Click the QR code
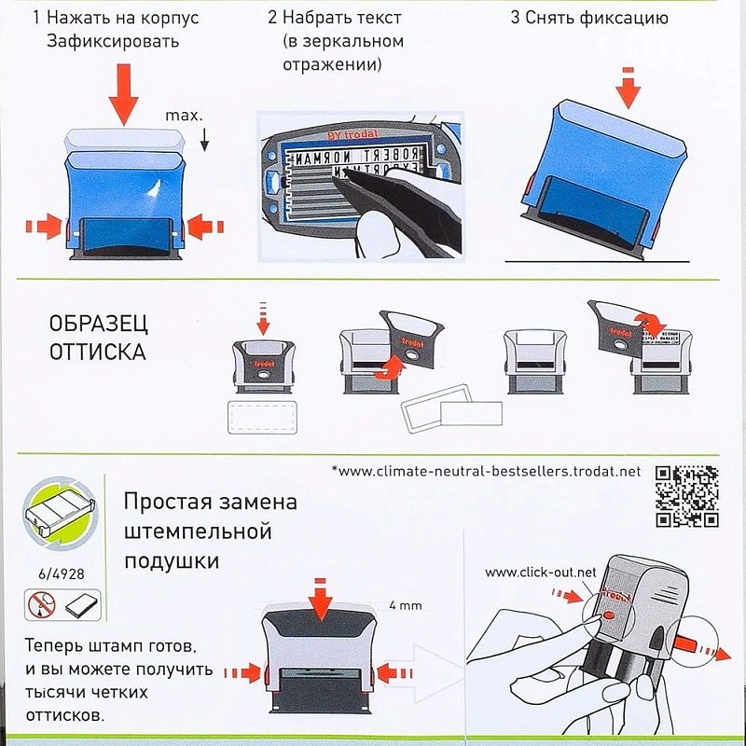click(x=686, y=494)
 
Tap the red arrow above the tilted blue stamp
click(x=631, y=89)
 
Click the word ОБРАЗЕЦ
click(x=98, y=325)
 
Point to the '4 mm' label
click(x=405, y=605)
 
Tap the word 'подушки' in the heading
click(x=172, y=561)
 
